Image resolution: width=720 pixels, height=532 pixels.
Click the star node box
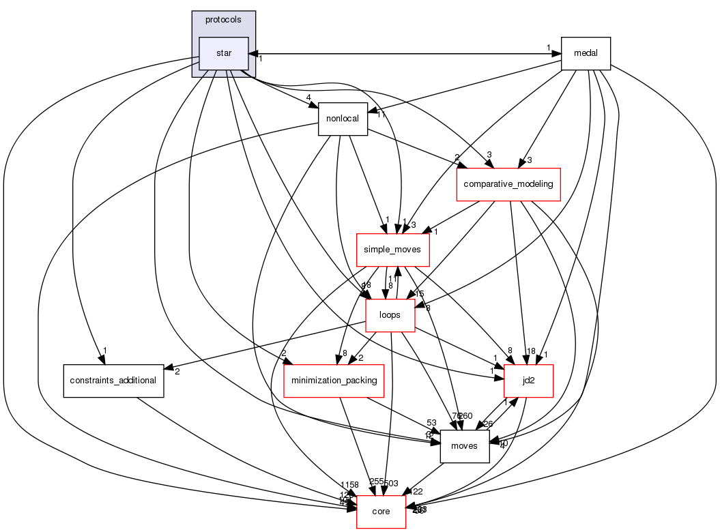223,53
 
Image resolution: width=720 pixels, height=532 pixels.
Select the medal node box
585,53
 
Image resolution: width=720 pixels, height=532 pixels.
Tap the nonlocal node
343,119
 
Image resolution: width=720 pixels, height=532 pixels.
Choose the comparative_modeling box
508,184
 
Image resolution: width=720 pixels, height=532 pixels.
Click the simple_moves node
392,250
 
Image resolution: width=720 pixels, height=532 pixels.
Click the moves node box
465,446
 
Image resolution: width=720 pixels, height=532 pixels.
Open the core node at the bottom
381,512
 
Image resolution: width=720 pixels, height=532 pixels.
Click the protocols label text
223,20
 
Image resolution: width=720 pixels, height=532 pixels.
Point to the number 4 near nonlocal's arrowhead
309,98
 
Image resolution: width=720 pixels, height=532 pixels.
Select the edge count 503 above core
390,484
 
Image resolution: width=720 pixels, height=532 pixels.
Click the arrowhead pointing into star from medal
251,53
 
